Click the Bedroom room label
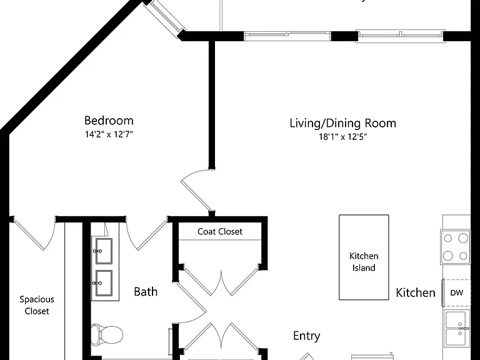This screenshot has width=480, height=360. pyautogui.click(x=109, y=121)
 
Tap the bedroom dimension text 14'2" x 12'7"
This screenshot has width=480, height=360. pyautogui.click(x=109, y=134)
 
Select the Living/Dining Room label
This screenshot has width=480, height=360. pyautogui.click(x=343, y=123)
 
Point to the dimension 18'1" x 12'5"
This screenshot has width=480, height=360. pyautogui.click(x=343, y=136)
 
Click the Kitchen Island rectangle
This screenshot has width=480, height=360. pyautogui.click(x=364, y=257)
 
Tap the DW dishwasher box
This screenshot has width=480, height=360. pyautogui.click(x=456, y=292)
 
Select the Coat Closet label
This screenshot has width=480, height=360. pyautogui.click(x=220, y=231)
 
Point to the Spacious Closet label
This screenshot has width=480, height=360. pyautogui.click(x=37, y=305)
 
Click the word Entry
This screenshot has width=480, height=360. pyautogui.click(x=306, y=336)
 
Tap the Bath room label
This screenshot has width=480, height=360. pyautogui.click(x=146, y=292)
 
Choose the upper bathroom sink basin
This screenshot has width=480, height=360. pyautogui.click(x=104, y=251)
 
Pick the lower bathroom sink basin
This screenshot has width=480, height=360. pyautogui.click(x=104, y=283)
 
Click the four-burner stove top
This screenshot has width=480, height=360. pyautogui.click(x=456, y=247)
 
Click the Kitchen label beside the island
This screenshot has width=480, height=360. pyautogui.click(x=416, y=293)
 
